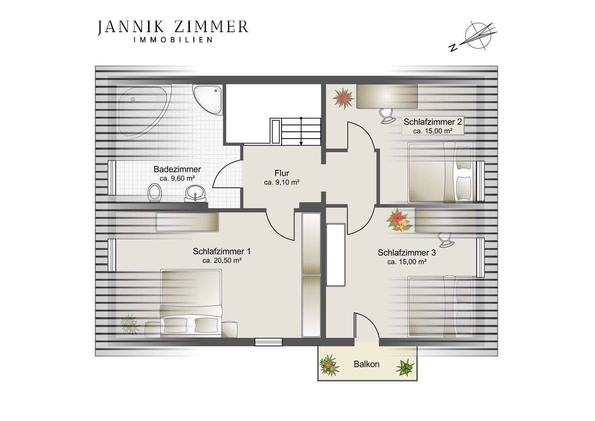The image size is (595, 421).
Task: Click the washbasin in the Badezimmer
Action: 195,193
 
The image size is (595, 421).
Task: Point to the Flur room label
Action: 282,174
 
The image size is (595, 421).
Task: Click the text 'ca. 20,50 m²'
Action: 222,261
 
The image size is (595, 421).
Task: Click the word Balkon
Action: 366,364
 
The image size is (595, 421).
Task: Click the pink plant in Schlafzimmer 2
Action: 343,98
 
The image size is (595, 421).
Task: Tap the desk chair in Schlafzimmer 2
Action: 387,116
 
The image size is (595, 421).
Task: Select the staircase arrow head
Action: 301,143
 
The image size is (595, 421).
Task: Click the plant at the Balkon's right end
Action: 405,367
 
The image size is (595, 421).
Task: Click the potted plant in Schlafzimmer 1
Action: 130,324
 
